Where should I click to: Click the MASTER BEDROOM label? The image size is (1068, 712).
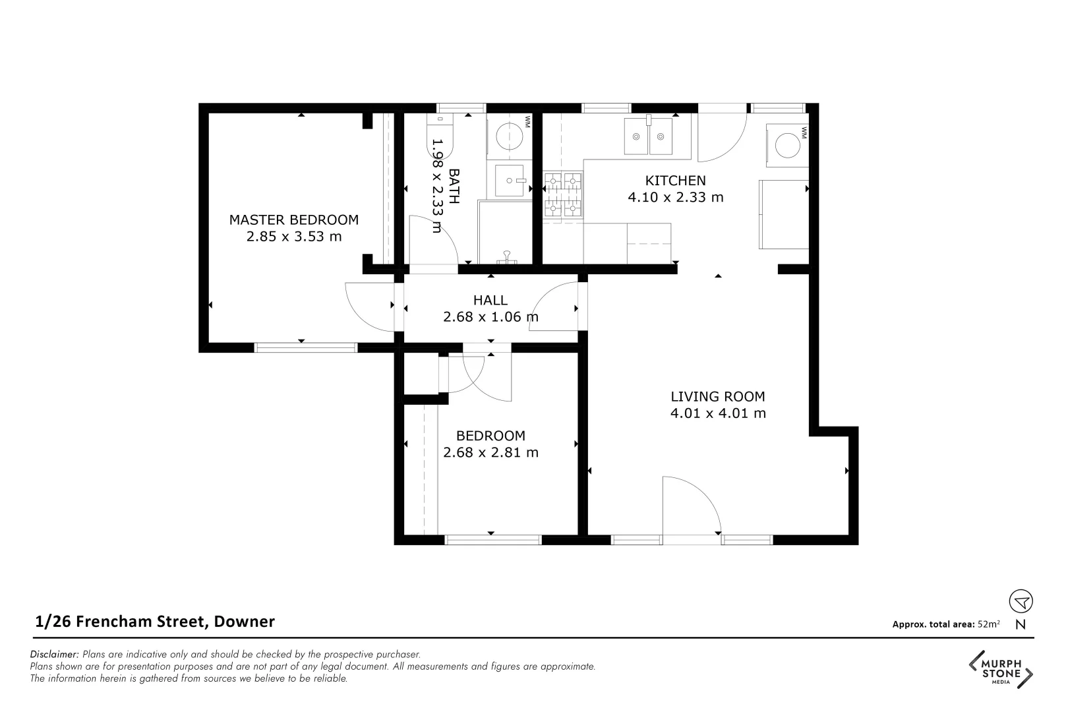pyautogui.click(x=293, y=220)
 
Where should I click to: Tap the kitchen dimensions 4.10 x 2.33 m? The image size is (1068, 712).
pyautogui.click(x=675, y=197)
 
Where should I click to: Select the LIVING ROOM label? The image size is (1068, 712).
pyautogui.click(x=717, y=396)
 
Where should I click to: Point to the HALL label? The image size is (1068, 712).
pyautogui.click(x=490, y=300)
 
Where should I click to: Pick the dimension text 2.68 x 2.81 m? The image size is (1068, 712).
pyautogui.click(x=490, y=452)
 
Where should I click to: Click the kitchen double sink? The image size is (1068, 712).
pyautogui.click(x=649, y=136)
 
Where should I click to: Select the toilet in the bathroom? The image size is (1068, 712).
pyautogui.click(x=441, y=131)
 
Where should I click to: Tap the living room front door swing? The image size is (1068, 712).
pyautogui.click(x=692, y=504)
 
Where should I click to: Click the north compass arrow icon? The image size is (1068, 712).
pyautogui.click(x=1021, y=601)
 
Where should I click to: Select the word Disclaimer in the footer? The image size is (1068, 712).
pyautogui.click(x=55, y=655)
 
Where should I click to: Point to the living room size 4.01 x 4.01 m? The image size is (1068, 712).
pyautogui.click(x=717, y=413)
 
